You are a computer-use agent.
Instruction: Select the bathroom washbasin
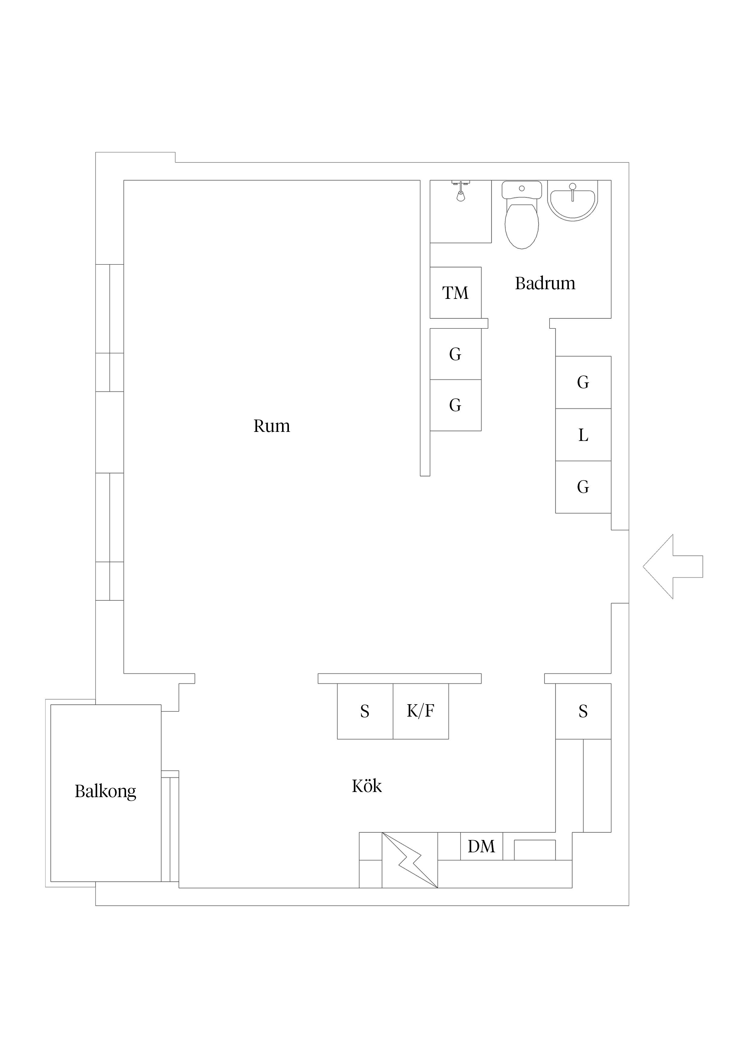(572, 201)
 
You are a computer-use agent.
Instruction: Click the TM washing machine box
(455, 293)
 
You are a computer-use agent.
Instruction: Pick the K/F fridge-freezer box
(421, 711)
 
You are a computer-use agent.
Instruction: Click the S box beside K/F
(365, 711)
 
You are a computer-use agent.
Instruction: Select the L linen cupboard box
(583, 435)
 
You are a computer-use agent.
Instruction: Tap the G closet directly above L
(583, 382)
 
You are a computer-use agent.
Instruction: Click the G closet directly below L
(583, 487)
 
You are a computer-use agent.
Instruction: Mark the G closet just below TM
(455, 354)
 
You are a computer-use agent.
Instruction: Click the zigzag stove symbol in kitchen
(410, 860)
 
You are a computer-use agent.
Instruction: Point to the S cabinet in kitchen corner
(583, 711)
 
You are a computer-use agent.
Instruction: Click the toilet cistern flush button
(522, 188)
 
